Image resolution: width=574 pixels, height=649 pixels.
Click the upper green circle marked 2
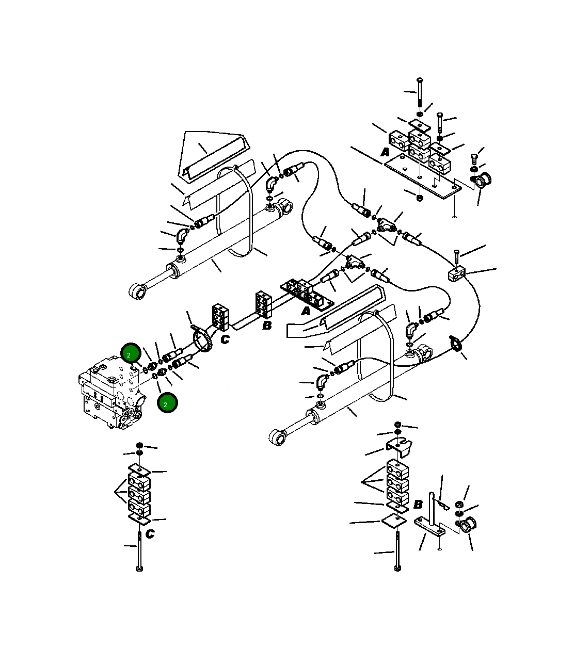[131, 354]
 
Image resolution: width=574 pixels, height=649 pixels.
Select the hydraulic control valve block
[110, 394]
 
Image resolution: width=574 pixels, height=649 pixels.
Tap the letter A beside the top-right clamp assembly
[385, 152]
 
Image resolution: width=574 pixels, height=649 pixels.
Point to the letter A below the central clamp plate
[306, 311]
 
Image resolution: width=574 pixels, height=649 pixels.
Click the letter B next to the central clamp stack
[267, 326]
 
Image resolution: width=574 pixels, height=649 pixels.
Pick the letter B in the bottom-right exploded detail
[418, 504]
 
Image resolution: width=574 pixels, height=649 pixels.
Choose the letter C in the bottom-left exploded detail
[150, 534]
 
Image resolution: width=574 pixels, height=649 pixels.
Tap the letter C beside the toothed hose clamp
[225, 339]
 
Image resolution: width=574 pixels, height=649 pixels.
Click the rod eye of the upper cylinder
[136, 292]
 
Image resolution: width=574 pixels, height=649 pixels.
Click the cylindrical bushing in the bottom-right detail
[469, 525]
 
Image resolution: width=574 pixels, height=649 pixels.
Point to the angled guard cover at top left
[214, 155]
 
